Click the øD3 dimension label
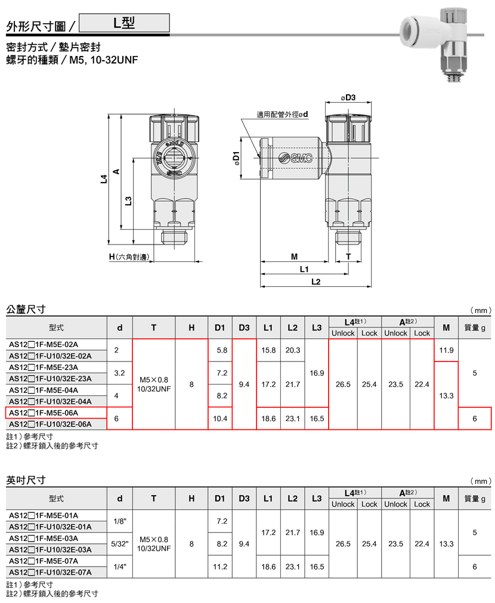348,98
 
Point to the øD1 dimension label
236,159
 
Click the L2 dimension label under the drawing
315,282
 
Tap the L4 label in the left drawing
104,179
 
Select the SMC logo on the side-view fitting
296,157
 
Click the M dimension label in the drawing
294,256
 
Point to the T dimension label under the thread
348,256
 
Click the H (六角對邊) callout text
129,257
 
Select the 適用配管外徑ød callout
282,114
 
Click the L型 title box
124,23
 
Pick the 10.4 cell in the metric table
220,419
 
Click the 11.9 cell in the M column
446,350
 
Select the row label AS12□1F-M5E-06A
44,413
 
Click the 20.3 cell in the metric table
293,350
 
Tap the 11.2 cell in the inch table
220,567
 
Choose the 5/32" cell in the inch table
120,544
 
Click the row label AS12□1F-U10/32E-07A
50,572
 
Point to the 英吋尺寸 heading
26,480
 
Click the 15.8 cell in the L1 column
268,350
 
